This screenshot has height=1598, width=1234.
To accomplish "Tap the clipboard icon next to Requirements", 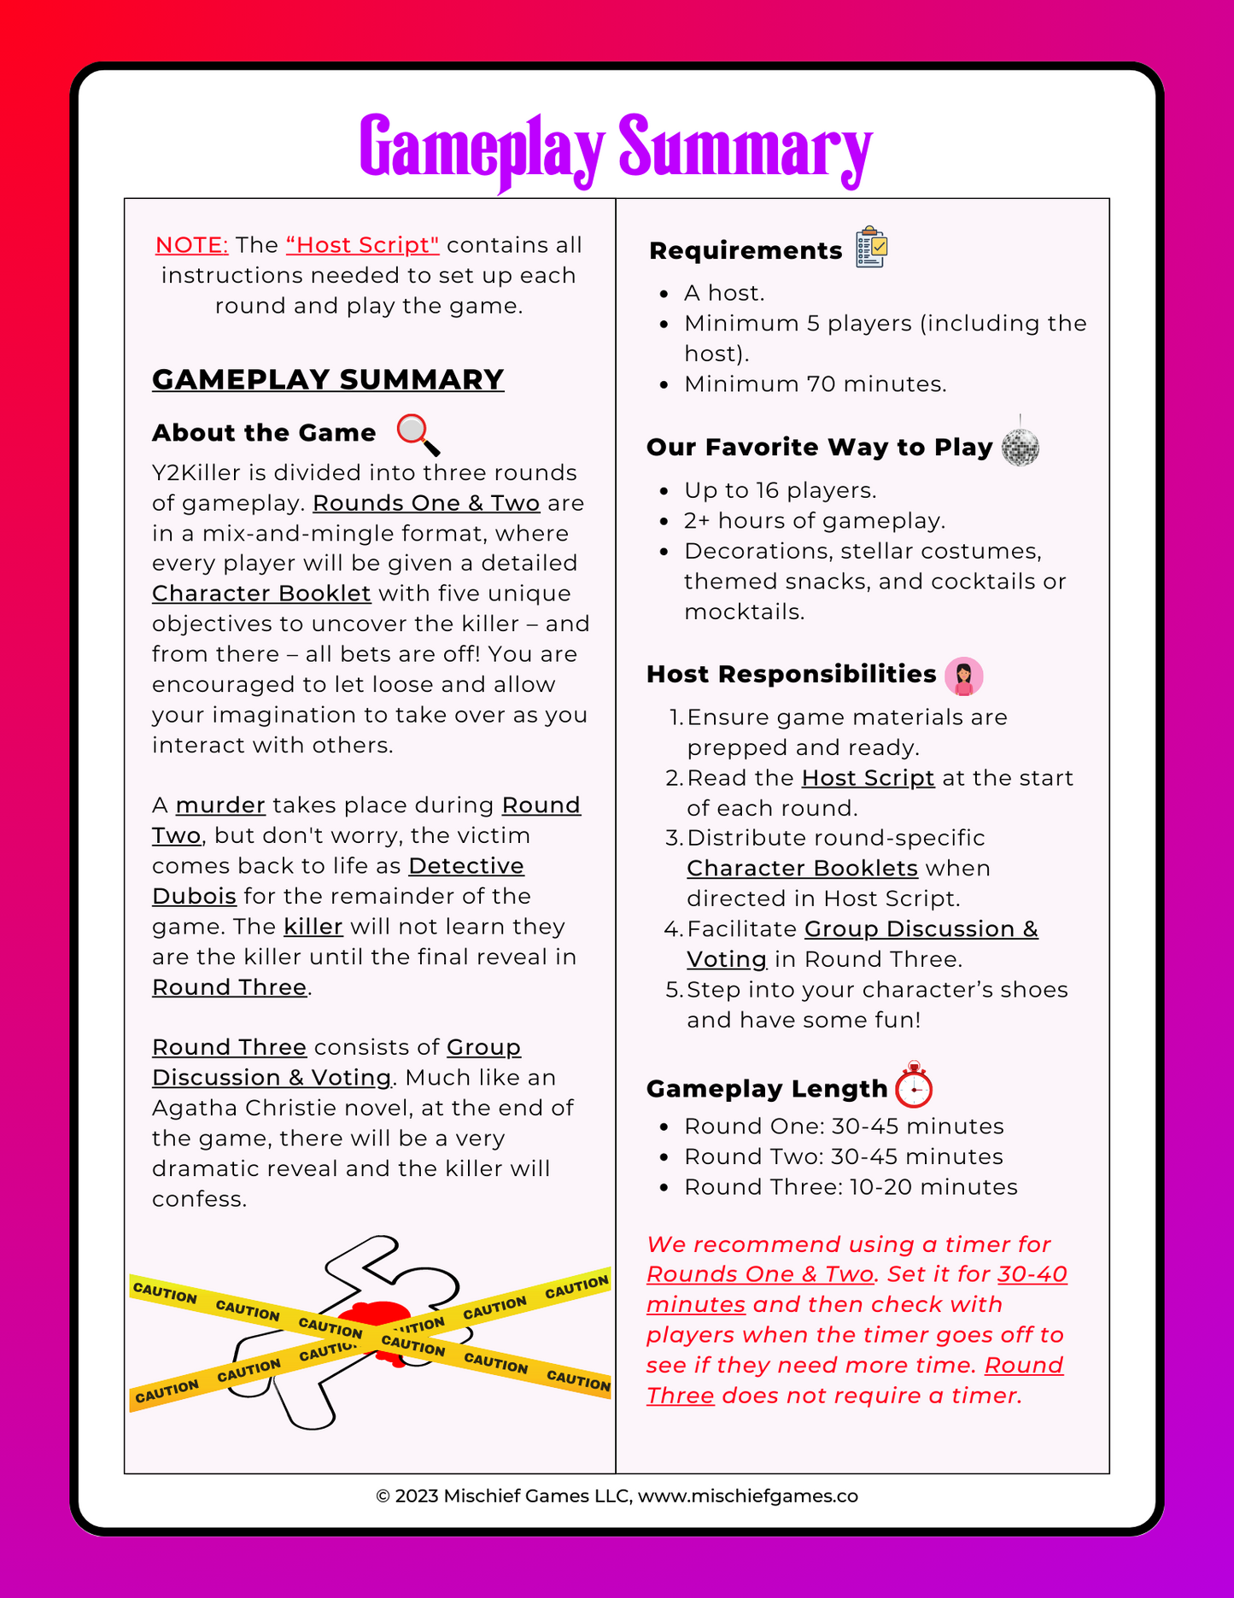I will pos(872,248).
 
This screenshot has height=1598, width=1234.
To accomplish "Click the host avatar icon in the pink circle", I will pos(964,676).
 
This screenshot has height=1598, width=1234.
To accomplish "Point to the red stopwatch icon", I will pos(914,1086).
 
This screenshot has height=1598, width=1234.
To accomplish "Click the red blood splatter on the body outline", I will pos(377,1323).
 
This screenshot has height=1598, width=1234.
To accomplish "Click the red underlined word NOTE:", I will pos(191,245).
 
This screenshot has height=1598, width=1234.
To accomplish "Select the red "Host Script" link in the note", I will pos(363,245).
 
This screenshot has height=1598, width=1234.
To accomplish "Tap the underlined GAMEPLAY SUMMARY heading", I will pos(328,379).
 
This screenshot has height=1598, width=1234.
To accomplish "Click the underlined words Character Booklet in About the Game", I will pos(261,594).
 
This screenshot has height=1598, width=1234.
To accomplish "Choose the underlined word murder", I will pos(220,805).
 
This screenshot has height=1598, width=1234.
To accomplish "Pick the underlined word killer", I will pos(313,927).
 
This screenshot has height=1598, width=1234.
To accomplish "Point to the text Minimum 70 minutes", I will pos(816,384).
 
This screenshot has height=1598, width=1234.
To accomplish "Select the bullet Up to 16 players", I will pos(781,490).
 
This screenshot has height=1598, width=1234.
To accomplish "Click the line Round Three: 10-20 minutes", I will pos(851,1187).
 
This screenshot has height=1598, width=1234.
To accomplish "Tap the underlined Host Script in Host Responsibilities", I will pos(868,778).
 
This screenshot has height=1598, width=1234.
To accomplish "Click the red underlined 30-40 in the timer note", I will pos(1032,1274).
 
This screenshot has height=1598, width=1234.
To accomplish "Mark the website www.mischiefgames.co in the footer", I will pos(748,1496).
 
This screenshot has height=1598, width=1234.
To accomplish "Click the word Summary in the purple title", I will pos(745,149).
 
